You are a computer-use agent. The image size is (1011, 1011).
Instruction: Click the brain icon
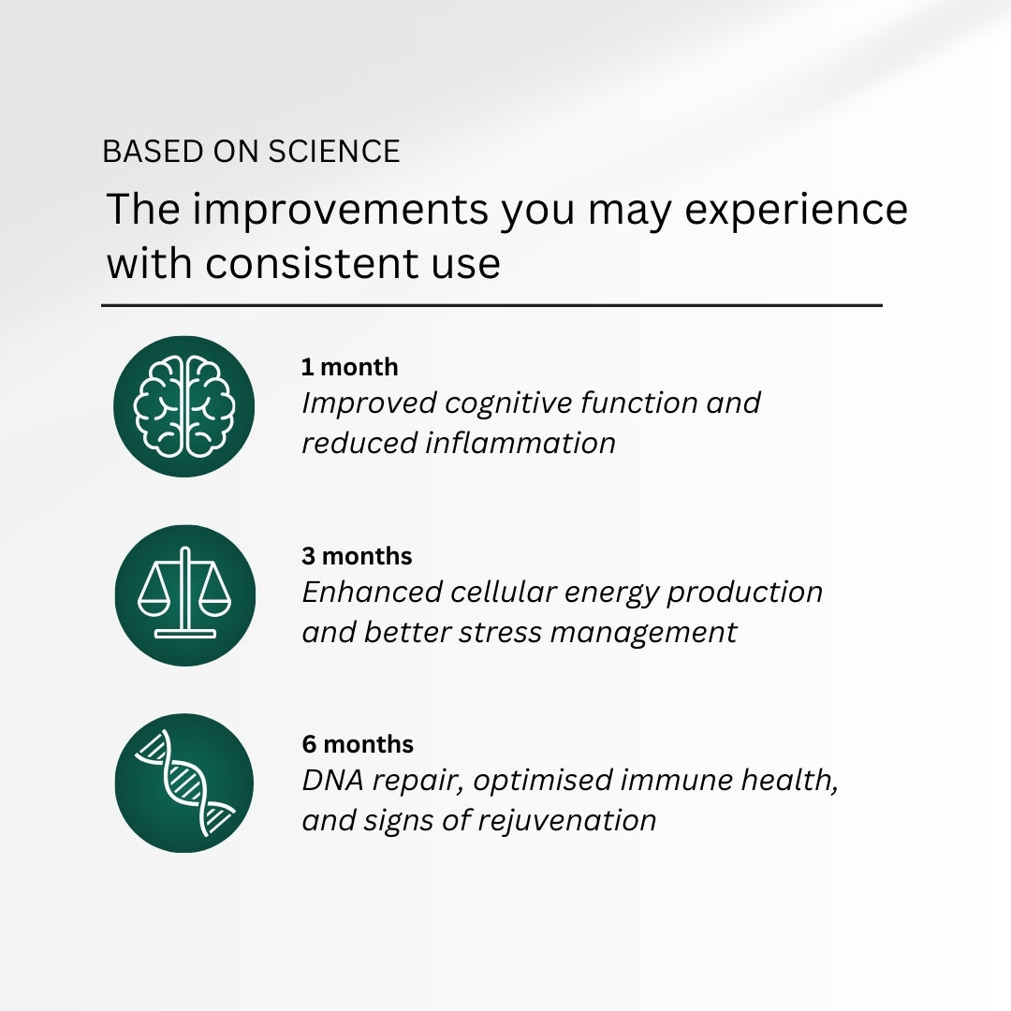tap(184, 406)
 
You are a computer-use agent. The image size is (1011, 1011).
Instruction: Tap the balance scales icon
tap(185, 593)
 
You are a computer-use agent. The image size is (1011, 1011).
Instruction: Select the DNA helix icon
tap(185, 783)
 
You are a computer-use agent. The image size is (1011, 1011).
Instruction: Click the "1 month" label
tap(349, 367)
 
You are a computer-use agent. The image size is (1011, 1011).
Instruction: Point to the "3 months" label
tap(357, 556)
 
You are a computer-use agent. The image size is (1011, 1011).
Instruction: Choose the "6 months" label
tap(358, 744)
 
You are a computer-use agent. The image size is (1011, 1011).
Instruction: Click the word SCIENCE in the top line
tap(334, 152)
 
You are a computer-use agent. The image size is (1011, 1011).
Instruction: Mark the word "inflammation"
tap(520, 443)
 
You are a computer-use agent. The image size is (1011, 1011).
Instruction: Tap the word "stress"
tap(500, 633)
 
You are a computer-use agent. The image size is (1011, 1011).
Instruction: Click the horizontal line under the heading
tap(492, 305)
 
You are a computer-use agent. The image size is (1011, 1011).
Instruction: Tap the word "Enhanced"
tap(372, 592)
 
